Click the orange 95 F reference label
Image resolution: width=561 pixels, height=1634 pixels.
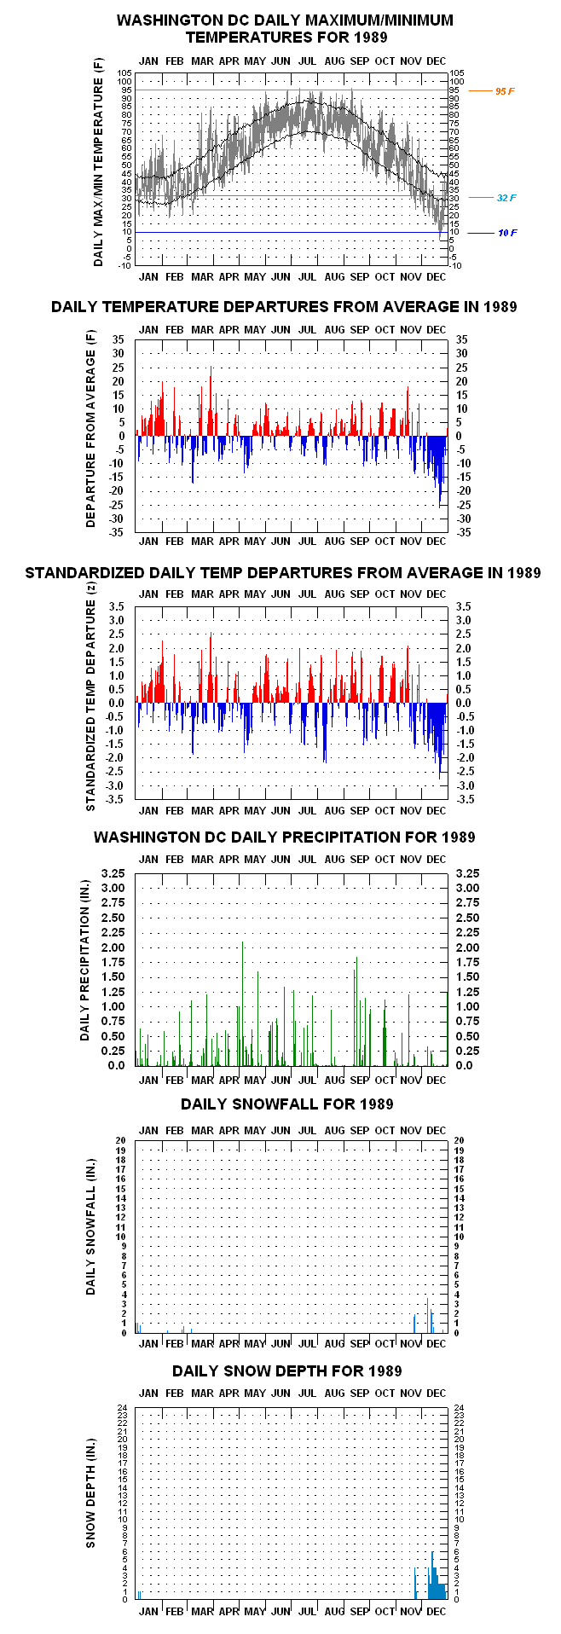pos(505,91)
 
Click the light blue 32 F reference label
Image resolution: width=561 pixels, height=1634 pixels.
pos(506,198)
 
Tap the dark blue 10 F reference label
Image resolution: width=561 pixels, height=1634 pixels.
pos(507,233)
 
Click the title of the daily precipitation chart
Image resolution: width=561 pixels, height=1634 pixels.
pos(284,837)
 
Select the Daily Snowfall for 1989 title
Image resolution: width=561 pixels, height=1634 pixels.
pos(286,1104)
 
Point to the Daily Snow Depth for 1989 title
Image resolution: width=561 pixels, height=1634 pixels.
pos(286,1370)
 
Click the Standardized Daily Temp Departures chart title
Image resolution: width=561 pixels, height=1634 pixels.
pos(283,572)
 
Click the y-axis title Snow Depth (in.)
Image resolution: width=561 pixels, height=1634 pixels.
pos(90,1504)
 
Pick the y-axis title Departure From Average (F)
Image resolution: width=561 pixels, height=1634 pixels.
pos(90,429)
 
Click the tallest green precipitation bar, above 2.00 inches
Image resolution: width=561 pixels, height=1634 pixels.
pos(243,1003)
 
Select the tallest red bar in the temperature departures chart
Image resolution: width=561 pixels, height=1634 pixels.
pos(211,401)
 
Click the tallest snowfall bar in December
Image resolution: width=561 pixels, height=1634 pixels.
pos(428,1315)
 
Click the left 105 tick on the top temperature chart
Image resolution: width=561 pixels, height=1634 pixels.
pos(124,73)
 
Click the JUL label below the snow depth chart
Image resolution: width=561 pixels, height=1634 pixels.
pos(308,1611)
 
